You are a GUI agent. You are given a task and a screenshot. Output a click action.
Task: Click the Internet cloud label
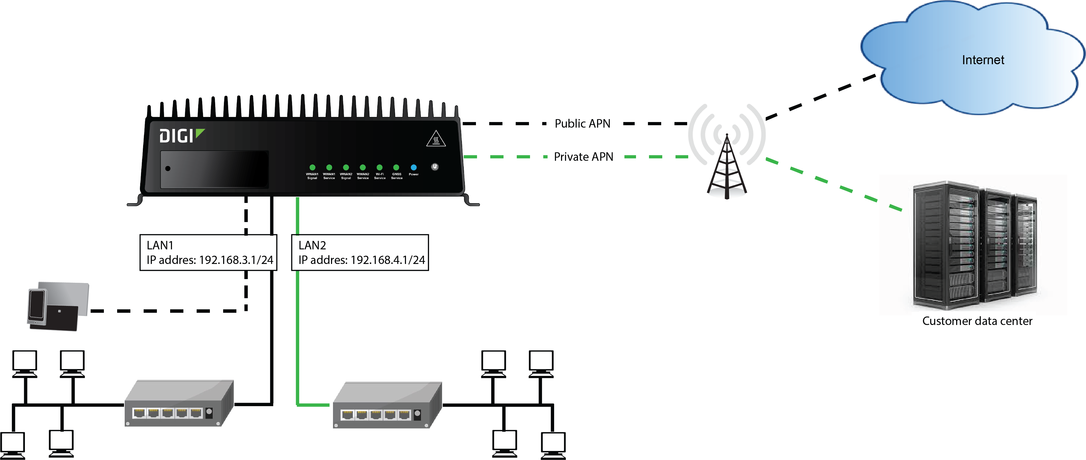pos(983,60)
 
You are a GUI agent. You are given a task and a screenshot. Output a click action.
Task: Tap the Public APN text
pos(582,124)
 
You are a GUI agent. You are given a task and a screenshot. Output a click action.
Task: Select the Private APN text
pos(584,157)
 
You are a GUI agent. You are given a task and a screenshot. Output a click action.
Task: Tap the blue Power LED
pos(414,168)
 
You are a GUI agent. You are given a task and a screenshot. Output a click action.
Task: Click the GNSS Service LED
pos(396,168)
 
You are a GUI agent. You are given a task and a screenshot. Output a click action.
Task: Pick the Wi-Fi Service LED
pos(379,168)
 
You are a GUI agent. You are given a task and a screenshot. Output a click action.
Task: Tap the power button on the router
pos(435,167)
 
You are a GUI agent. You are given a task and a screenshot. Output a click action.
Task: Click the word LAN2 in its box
pos(312,245)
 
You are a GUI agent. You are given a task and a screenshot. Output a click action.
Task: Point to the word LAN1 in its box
pos(160,245)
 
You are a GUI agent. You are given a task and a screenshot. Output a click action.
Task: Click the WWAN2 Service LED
pos(363,168)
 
